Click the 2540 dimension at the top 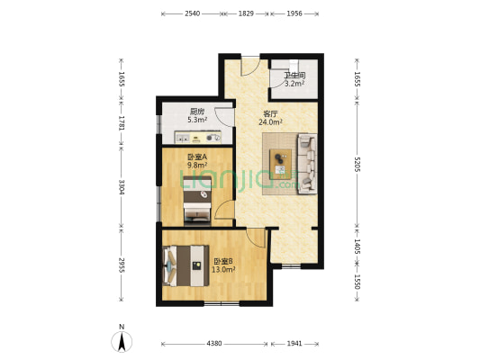click(192, 13)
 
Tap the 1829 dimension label click(246, 13)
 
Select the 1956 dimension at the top click(294, 13)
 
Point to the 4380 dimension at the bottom click(214, 344)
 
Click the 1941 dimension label click(294, 344)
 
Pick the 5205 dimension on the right click(357, 164)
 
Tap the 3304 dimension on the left click(122, 187)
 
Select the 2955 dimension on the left click(122, 265)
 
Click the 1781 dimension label click(122, 123)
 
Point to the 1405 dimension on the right click(357, 246)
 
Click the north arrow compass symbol click(122, 341)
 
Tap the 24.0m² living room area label click(270, 122)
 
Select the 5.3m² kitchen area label click(197, 120)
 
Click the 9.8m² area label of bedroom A click(197, 166)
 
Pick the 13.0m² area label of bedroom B click(223, 269)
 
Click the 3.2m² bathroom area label click(294, 84)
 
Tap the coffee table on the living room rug click(280, 164)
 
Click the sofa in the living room click(307, 164)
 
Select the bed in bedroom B click(186, 265)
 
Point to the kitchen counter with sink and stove click(198, 138)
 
